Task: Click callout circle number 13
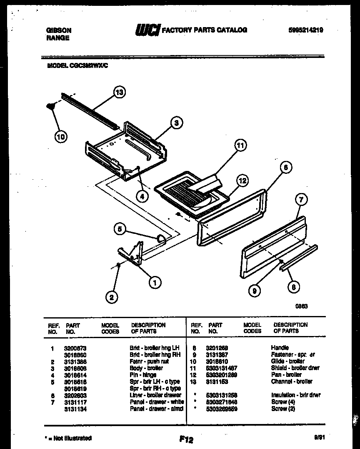click(x=120, y=93)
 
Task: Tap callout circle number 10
click(x=61, y=136)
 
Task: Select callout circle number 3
click(x=176, y=123)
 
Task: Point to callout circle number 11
click(x=240, y=145)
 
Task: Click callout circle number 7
click(x=301, y=200)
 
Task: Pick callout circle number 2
click(x=111, y=297)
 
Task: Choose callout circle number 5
click(x=120, y=228)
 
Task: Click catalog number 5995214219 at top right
click(x=305, y=30)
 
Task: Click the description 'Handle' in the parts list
click(x=280, y=348)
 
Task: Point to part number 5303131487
click(x=222, y=368)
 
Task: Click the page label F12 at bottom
click(x=186, y=439)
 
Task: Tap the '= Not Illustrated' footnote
click(x=68, y=438)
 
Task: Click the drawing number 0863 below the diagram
click(x=302, y=306)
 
